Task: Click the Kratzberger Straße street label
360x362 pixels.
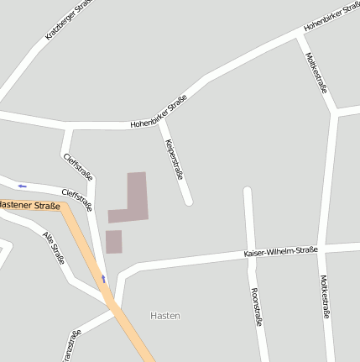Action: point(68,20)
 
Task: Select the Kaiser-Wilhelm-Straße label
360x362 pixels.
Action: point(280,252)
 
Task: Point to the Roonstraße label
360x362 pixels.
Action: point(256,306)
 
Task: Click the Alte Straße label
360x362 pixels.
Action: point(54,247)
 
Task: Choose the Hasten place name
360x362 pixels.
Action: point(165,316)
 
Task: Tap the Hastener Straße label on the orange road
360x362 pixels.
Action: point(30,205)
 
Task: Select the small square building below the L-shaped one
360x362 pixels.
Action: point(113,241)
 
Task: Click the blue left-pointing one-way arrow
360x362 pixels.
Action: point(22,186)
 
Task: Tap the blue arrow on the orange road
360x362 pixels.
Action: point(104,278)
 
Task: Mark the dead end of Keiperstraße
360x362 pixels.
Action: point(188,201)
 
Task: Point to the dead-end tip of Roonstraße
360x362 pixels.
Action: point(248,191)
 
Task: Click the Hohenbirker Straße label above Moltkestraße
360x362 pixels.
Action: point(331,16)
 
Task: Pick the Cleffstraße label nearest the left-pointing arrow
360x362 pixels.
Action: point(76,199)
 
